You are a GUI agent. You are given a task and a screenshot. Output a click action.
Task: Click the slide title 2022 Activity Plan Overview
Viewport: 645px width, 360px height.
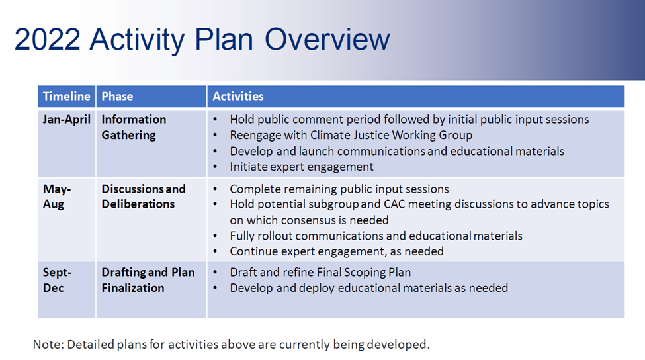tap(202, 39)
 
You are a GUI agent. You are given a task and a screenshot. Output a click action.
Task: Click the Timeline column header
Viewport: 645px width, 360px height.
tap(66, 96)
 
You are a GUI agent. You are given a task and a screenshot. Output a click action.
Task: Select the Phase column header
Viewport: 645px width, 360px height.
tap(117, 96)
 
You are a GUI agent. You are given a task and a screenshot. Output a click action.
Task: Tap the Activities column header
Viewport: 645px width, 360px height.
tap(238, 96)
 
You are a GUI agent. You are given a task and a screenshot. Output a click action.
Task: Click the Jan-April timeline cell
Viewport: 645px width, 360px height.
tap(66, 120)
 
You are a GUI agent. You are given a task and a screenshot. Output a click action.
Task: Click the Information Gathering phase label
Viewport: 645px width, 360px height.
tap(134, 127)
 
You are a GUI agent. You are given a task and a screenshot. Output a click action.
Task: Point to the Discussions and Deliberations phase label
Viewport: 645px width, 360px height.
tap(143, 197)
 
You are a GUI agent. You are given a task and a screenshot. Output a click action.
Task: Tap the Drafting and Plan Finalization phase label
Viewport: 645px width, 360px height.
tap(148, 280)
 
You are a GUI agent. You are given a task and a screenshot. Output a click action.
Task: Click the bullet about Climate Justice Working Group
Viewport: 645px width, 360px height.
tap(351, 136)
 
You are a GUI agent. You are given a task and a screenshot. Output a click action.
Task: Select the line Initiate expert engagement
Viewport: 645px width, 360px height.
tap(301, 167)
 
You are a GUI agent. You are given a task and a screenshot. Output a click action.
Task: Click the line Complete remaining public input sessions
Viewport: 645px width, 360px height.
tap(339, 189)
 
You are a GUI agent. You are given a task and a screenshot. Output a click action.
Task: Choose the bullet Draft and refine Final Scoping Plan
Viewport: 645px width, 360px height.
tap(320, 272)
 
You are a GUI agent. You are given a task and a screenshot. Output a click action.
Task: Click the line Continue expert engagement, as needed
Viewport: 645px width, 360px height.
tap(336, 251)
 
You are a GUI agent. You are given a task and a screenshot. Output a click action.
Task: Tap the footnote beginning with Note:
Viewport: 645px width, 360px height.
tap(232, 344)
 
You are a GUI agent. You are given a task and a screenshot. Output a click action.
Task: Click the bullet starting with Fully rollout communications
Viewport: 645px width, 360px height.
tap(376, 236)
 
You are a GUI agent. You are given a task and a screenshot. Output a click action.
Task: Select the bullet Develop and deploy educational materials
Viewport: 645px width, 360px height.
tap(368, 288)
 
